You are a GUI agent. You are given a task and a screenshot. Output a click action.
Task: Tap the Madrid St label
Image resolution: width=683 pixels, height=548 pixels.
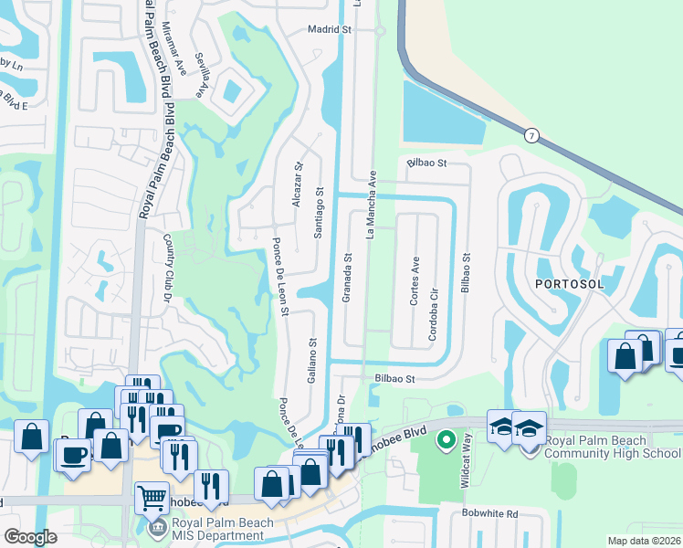coord(330,30)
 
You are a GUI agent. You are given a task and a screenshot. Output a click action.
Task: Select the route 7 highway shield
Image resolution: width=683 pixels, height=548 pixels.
coord(531,135)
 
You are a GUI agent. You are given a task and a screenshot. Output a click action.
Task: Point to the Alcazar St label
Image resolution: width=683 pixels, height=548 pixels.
coord(298,185)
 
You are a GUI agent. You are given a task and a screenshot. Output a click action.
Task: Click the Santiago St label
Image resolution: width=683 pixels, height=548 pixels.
coord(319,212)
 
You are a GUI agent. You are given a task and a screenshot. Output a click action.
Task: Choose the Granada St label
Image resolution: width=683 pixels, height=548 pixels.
coord(348,277)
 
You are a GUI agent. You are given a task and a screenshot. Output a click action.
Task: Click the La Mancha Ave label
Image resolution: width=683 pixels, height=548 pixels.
coord(372,203)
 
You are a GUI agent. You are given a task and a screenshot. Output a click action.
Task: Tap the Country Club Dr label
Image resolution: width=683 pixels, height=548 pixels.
coord(168,266)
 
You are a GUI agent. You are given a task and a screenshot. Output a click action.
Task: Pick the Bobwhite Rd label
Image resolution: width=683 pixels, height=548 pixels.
coord(489,514)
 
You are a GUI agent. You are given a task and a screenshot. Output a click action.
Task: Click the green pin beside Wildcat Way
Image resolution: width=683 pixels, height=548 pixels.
coord(447,441)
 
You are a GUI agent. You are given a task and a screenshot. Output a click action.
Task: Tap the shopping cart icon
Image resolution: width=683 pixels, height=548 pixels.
coord(152,498)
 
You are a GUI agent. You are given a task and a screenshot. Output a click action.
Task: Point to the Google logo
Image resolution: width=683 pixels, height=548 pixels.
coord(30,537)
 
